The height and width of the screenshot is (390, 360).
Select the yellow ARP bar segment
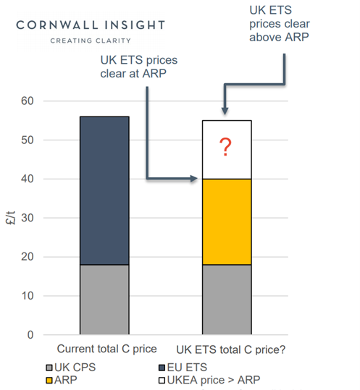click(226, 221)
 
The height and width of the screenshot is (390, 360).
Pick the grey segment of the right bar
click(226, 300)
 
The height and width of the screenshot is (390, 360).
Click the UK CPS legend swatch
click(49, 366)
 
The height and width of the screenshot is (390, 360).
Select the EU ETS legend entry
click(184, 366)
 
